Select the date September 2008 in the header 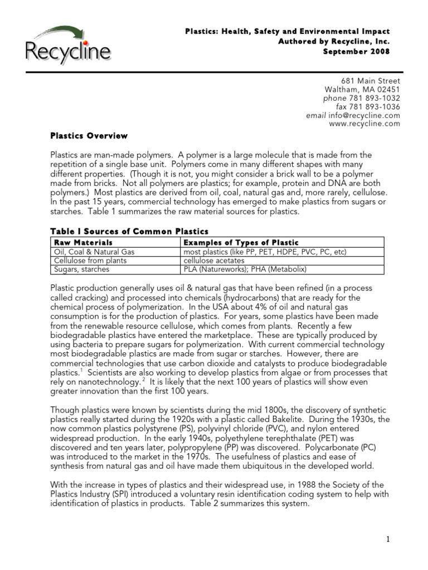tap(357, 52)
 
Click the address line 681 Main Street tap(374, 81)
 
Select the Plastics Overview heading tap(89, 136)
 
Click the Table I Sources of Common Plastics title tap(129, 231)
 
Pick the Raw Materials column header tap(83, 243)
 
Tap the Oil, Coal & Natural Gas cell tap(94, 252)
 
